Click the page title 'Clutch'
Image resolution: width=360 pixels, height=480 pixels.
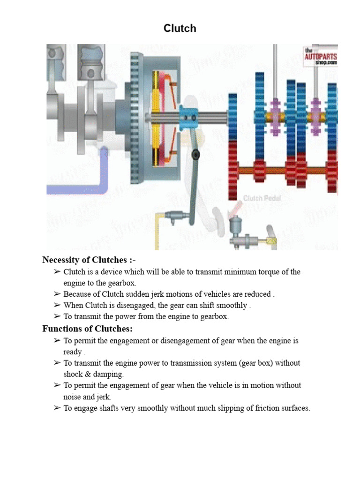point(180,29)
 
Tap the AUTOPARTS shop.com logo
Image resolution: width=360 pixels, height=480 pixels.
point(321,56)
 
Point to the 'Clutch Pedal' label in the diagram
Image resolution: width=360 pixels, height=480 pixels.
point(262,198)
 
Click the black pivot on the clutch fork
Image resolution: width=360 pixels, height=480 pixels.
point(196,155)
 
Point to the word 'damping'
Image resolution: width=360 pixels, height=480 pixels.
point(108,374)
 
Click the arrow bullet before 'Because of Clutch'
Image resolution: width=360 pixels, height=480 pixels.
point(57,294)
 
